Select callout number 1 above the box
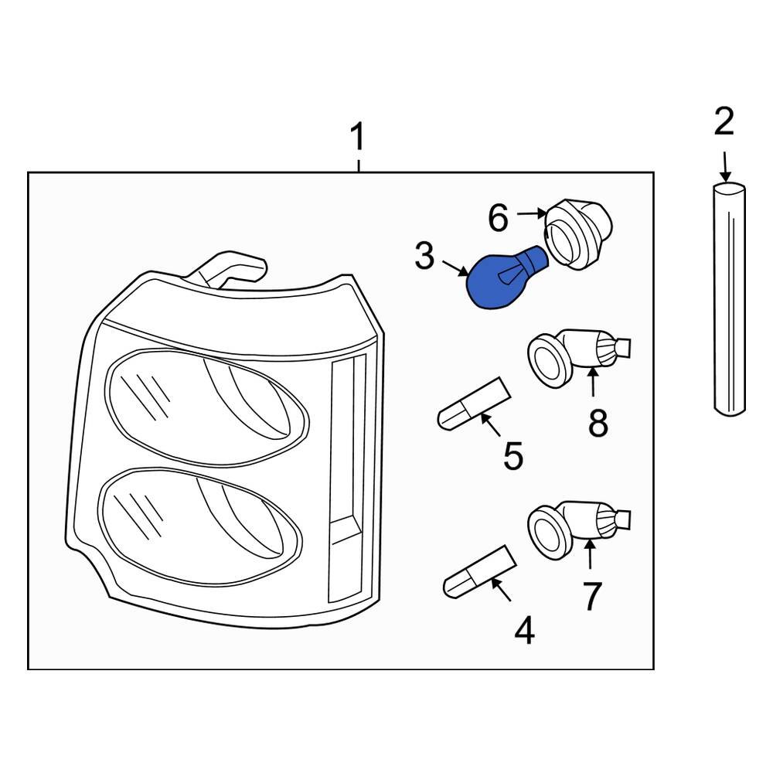pyautogui.click(x=357, y=139)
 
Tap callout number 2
pyautogui.click(x=724, y=122)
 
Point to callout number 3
pyautogui.click(x=424, y=256)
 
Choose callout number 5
pyautogui.click(x=513, y=456)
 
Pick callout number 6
pyautogui.click(x=498, y=220)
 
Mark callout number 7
pyautogui.click(x=591, y=596)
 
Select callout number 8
pyautogui.click(x=598, y=424)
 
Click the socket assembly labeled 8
pyautogui.click(x=576, y=356)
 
